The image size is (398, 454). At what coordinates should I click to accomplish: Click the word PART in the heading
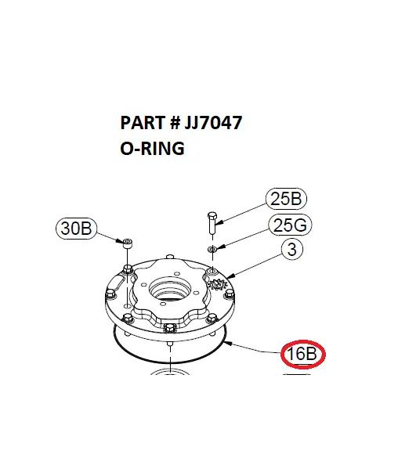point(139,124)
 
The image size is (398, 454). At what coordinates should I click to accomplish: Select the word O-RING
point(152,147)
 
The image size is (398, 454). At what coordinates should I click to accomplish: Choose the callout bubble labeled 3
point(291,250)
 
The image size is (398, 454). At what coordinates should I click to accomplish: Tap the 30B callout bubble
point(77,229)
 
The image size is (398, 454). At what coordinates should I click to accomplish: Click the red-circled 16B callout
point(303,354)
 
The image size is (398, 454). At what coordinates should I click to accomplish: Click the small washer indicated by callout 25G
point(212,249)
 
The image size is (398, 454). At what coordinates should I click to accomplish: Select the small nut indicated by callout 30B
point(126,244)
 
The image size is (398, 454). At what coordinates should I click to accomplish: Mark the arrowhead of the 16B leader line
point(225,342)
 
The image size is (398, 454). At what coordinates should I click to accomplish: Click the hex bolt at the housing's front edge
point(170,328)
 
